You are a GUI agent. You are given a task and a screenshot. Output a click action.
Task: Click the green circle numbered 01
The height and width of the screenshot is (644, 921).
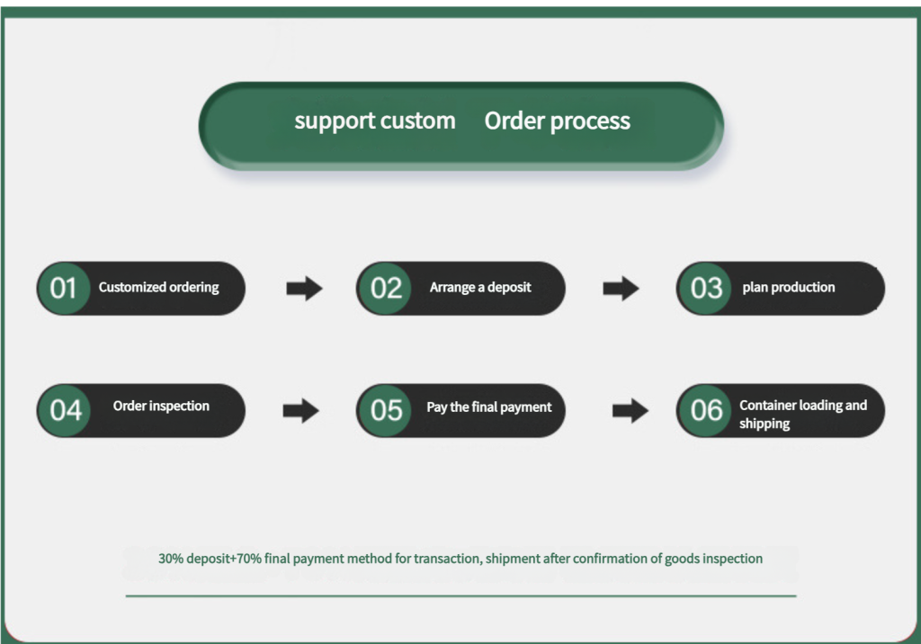pyautogui.click(x=64, y=288)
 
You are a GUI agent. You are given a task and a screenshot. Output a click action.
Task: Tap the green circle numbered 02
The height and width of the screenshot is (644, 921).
pyautogui.click(x=385, y=288)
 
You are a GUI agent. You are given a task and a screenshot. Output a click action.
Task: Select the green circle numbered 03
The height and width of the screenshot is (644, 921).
pyautogui.click(x=705, y=288)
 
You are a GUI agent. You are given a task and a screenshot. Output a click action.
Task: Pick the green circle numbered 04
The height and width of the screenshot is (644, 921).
pyautogui.click(x=64, y=410)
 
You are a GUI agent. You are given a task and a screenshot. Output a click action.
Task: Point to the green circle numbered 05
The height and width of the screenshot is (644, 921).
pyautogui.click(x=385, y=410)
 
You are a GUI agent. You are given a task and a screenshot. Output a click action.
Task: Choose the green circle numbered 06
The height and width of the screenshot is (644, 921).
pyautogui.click(x=705, y=410)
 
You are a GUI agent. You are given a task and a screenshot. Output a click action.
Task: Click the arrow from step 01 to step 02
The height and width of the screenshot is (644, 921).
pyautogui.click(x=304, y=288)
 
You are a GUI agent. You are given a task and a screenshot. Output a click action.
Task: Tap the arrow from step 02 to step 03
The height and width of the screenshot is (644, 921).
pyautogui.click(x=621, y=288)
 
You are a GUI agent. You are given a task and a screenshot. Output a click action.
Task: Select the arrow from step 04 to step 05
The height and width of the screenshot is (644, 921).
pyautogui.click(x=300, y=410)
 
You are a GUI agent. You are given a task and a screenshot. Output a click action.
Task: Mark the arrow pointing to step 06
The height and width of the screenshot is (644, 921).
pyautogui.click(x=630, y=410)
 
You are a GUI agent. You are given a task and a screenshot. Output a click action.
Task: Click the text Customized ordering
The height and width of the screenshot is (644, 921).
pyautogui.click(x=158, y=287)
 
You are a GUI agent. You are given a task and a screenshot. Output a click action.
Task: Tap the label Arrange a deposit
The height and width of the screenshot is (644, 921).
pyautogui.click(x=480, y=287)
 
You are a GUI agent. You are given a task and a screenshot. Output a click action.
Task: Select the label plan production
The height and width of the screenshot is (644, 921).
pyautogui.click(x=788, y=287)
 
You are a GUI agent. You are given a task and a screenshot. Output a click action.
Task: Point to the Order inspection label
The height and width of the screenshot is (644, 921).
pyautogui.click(x=161, y=406)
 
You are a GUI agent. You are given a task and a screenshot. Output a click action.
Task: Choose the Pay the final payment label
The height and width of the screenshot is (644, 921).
pyautogui.click(x=489, y=407)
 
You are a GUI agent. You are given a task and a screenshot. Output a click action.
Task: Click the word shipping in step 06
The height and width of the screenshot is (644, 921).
pyautogui.click(x=765, y=424)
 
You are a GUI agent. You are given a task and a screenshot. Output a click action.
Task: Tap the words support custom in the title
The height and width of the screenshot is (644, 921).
pyautogui.click(x=375, y=121)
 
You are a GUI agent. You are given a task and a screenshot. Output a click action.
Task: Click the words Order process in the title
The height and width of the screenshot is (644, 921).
pyautogui.click(x=558, y=121)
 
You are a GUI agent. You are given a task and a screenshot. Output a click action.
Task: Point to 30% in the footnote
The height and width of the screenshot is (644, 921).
pyautogui.click(x=171, y=559)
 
